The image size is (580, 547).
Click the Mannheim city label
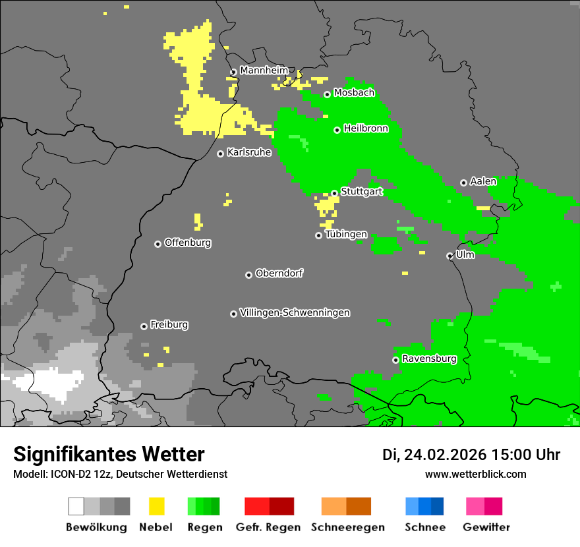tap(264, 71)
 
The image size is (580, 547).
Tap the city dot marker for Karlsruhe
tap(221, 154)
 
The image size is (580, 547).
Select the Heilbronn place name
tap(366, 129)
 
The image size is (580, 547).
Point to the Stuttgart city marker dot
tap(335, 193)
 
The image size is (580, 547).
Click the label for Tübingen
tap(346, 235)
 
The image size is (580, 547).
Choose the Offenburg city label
tap(188, 243)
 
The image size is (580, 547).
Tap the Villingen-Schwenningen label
tap(295, 312)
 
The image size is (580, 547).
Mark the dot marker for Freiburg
tap(144, 326)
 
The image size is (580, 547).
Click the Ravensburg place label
tap(429, 359)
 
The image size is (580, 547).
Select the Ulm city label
tap(465, 254)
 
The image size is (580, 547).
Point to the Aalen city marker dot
tap(463, 183)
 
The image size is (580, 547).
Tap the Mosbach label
tap(354, 93)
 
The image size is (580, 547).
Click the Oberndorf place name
tap(279, 273)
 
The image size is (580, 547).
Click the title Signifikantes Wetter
tap(109, 454)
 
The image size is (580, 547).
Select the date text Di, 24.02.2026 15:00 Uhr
tap(471, 455)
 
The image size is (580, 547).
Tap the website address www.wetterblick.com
tap(475, 474)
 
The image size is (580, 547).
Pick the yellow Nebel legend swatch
tap(156, 506)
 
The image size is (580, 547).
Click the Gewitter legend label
tap(486, 527)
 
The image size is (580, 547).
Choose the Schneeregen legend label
tap(347, 527)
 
